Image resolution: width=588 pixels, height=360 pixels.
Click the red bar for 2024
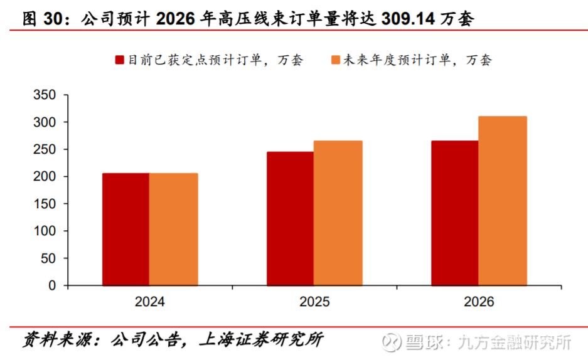tap(126, 229)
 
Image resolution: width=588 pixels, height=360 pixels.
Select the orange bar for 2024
tap(173, 229)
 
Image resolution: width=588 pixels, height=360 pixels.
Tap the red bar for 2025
tap(290, 218)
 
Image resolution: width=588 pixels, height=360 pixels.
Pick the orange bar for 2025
tap(338, 213)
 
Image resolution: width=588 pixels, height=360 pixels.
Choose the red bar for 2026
tap(454, 213)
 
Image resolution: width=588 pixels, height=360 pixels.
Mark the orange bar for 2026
tap(502, 201)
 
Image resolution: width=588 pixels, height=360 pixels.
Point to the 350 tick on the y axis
tap(44, 95)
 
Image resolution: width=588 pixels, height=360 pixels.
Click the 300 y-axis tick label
tap(44, 122)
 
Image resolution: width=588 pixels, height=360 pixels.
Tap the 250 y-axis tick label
tap(44, 149)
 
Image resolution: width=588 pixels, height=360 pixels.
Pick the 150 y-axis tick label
tap(44, 204)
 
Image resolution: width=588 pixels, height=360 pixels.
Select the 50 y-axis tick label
tap(48, 258)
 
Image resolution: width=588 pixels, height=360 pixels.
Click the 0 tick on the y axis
tap(52, 285)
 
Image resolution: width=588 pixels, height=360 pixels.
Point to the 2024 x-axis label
tap(149, 302)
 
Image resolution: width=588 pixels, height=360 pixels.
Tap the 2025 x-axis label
tap(314, 302)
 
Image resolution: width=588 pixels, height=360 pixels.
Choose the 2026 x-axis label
tap(479, 302)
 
